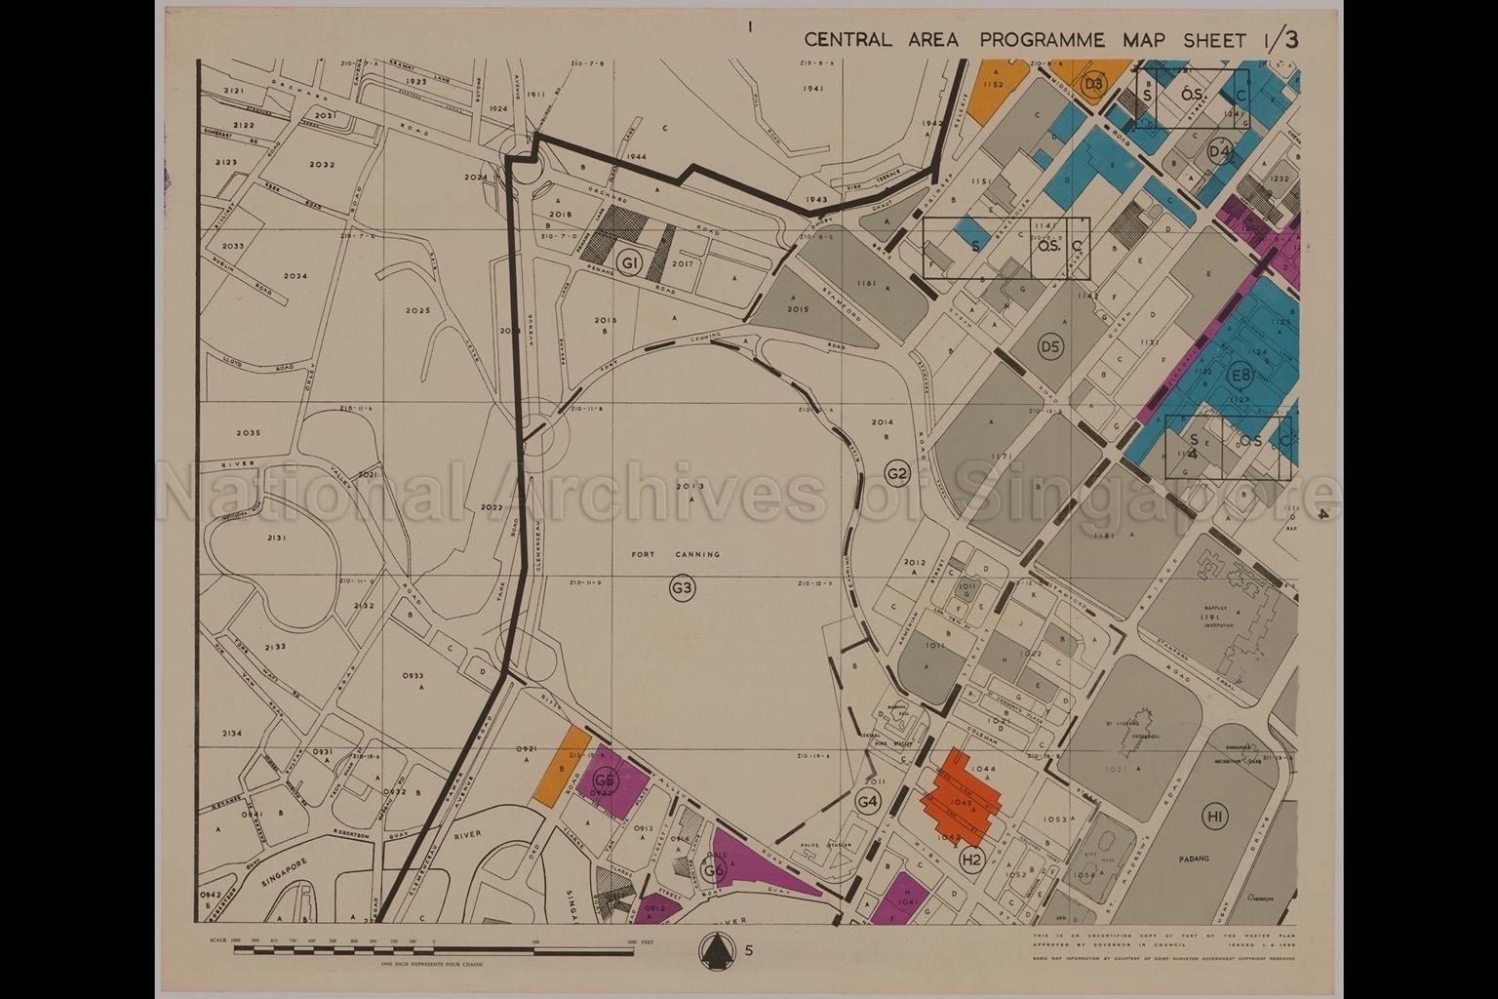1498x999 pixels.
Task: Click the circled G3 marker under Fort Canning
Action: click(682, 587)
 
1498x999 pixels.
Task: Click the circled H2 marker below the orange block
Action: click(970, 859)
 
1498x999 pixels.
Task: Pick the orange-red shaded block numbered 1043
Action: click(962, 801)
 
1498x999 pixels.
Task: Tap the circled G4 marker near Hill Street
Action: click(867, 801)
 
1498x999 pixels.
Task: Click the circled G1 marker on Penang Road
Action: click(631, 263)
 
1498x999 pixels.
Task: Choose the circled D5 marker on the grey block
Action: click(1049, 346)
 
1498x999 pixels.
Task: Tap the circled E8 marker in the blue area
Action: click(1241, 376)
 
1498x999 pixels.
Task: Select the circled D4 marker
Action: click(1219, 151)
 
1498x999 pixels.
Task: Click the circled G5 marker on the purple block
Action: click(606, 780)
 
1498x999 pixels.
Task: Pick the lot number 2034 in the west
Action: click(296, 276)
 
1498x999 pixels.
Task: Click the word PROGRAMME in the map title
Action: click(1043, 40)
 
